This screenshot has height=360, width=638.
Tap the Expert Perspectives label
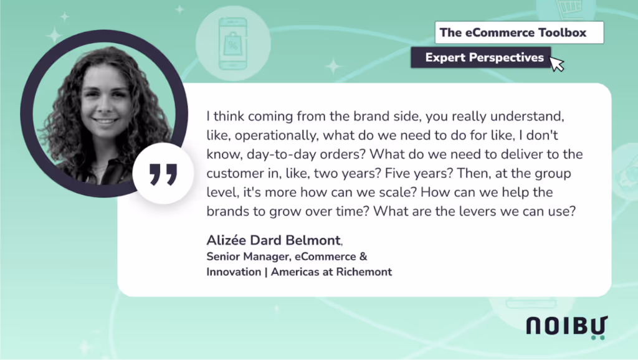point(484,58)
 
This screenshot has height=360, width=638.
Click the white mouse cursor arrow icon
point(556,64)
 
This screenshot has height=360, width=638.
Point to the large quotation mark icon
point(163,175)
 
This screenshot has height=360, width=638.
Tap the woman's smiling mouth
point(105,120)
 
